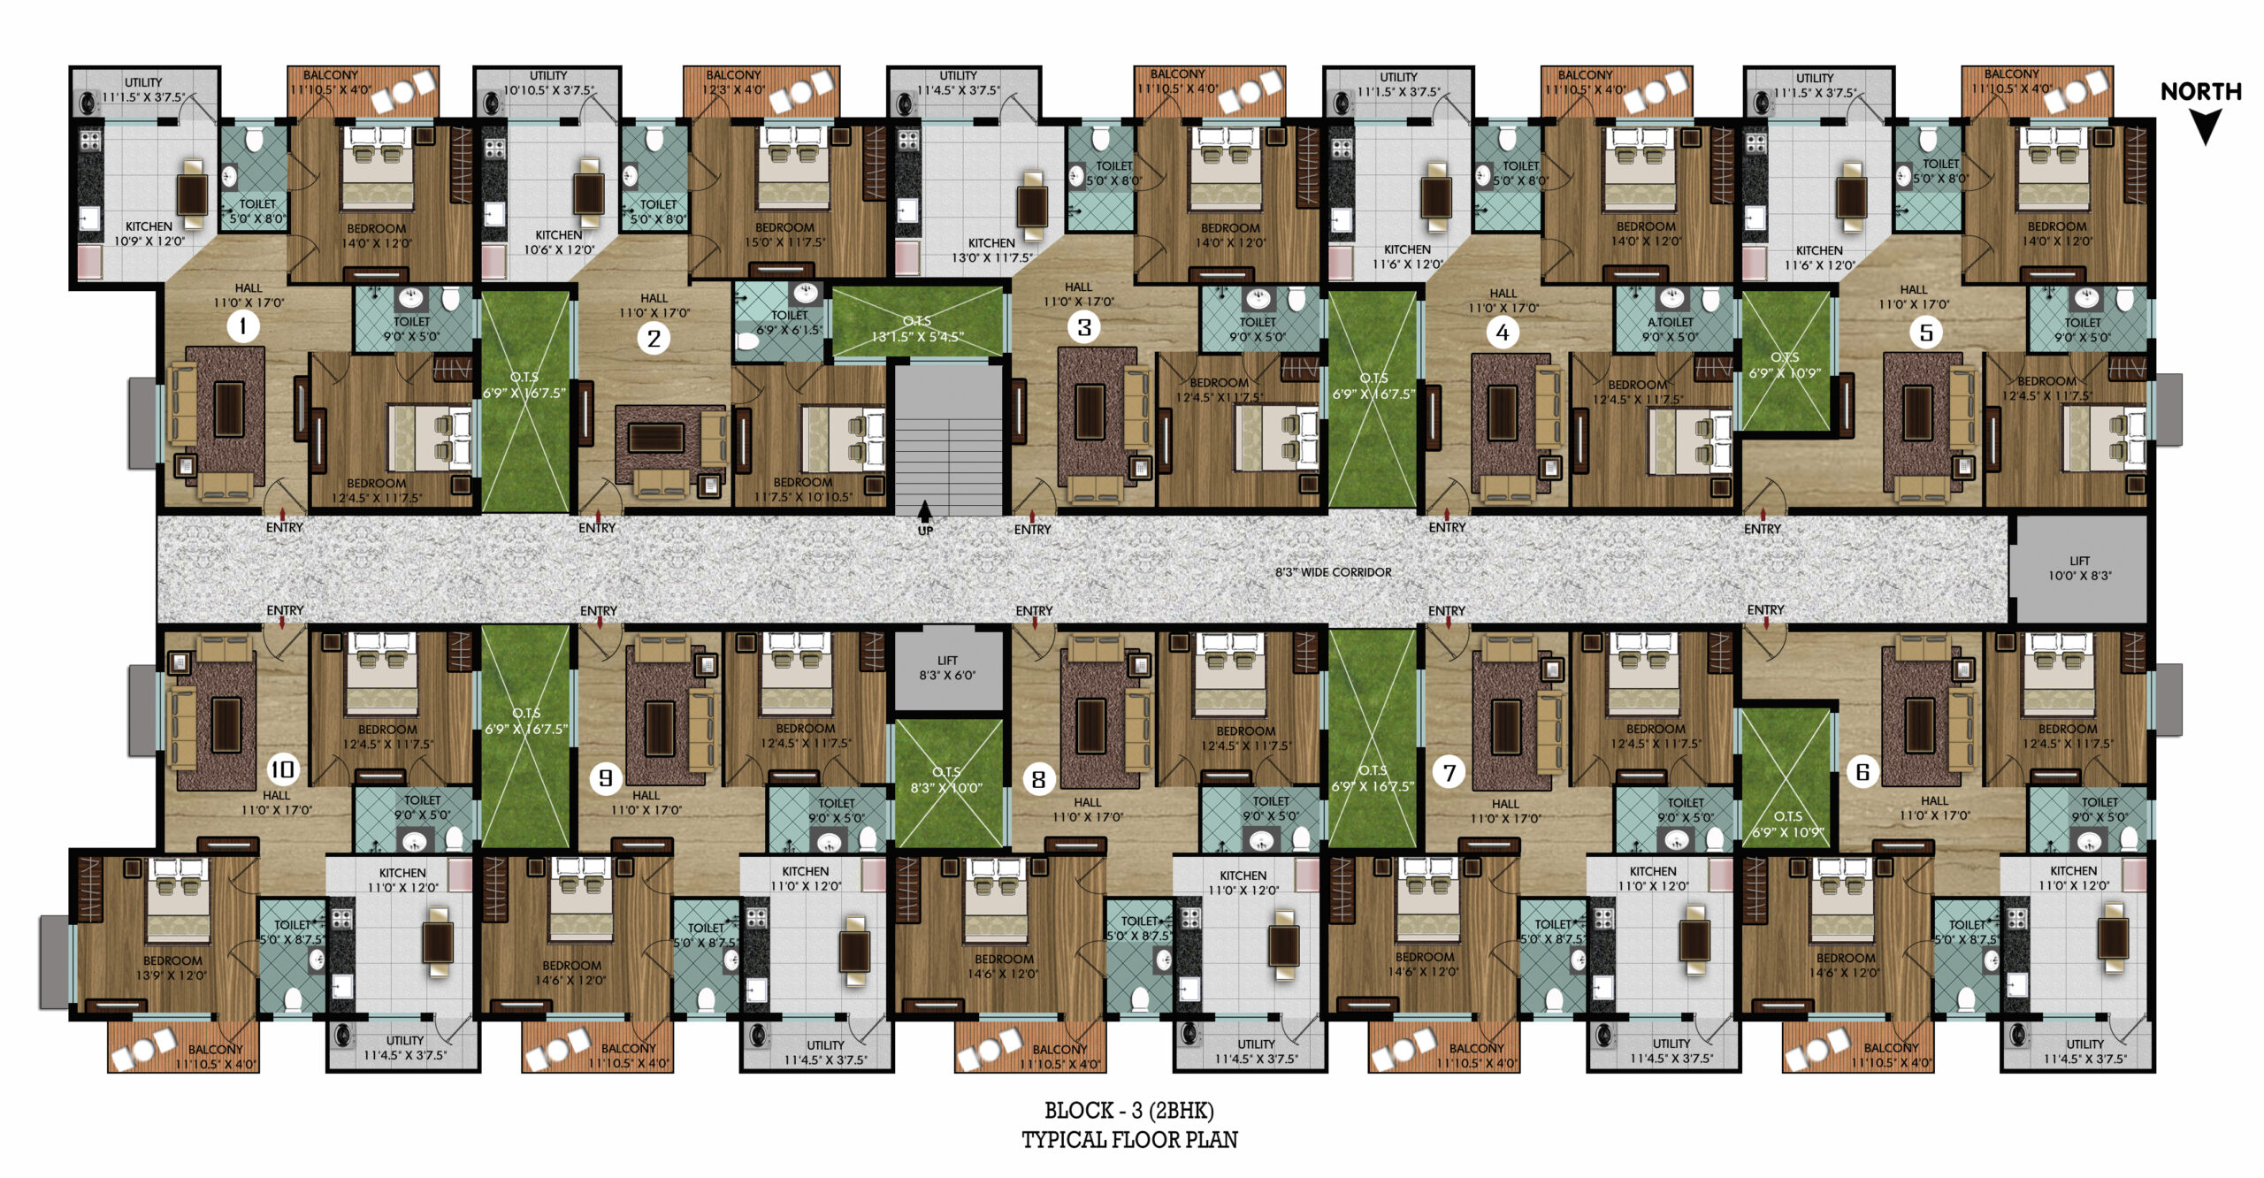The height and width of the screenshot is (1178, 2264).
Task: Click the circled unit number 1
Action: click(x=243, y=326)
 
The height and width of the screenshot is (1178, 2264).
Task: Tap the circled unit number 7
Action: click(x=1449, y=773)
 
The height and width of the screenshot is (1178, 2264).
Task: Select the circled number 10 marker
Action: click(x=282, y=769)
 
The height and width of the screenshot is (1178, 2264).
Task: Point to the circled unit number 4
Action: click(x=1502, y=333)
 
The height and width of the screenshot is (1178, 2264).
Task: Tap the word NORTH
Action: click(x=2200, y=92)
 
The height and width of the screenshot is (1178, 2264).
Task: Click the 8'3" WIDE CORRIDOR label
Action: click(x=1333, y=572)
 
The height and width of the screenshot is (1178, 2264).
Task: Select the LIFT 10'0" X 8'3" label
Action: click(x=2079, y=568)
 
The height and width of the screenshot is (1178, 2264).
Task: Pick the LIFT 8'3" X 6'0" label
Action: click(x=947, y=668)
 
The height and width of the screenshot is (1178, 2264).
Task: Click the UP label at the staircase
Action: click(x=925, y=531)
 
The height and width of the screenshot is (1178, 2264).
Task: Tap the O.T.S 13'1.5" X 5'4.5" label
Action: click(x=917, y=329)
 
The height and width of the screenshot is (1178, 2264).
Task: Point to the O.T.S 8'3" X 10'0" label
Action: click(x=946, y=780)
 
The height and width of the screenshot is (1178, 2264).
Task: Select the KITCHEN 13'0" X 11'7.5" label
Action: click(x=991, y=250)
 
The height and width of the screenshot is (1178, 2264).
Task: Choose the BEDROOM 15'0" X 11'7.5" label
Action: click(x=784, y=234)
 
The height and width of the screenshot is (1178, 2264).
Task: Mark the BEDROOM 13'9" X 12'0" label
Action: click(x=172, y=968)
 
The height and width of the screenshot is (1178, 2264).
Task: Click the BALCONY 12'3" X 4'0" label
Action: click(x=733, y=82)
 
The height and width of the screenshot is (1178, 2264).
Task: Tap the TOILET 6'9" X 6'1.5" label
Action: click(x=789, y=322)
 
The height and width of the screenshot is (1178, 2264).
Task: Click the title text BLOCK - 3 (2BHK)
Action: click(x=1129, y=1111)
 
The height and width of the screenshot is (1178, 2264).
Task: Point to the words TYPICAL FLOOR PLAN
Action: click(x=1129, y=1140)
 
